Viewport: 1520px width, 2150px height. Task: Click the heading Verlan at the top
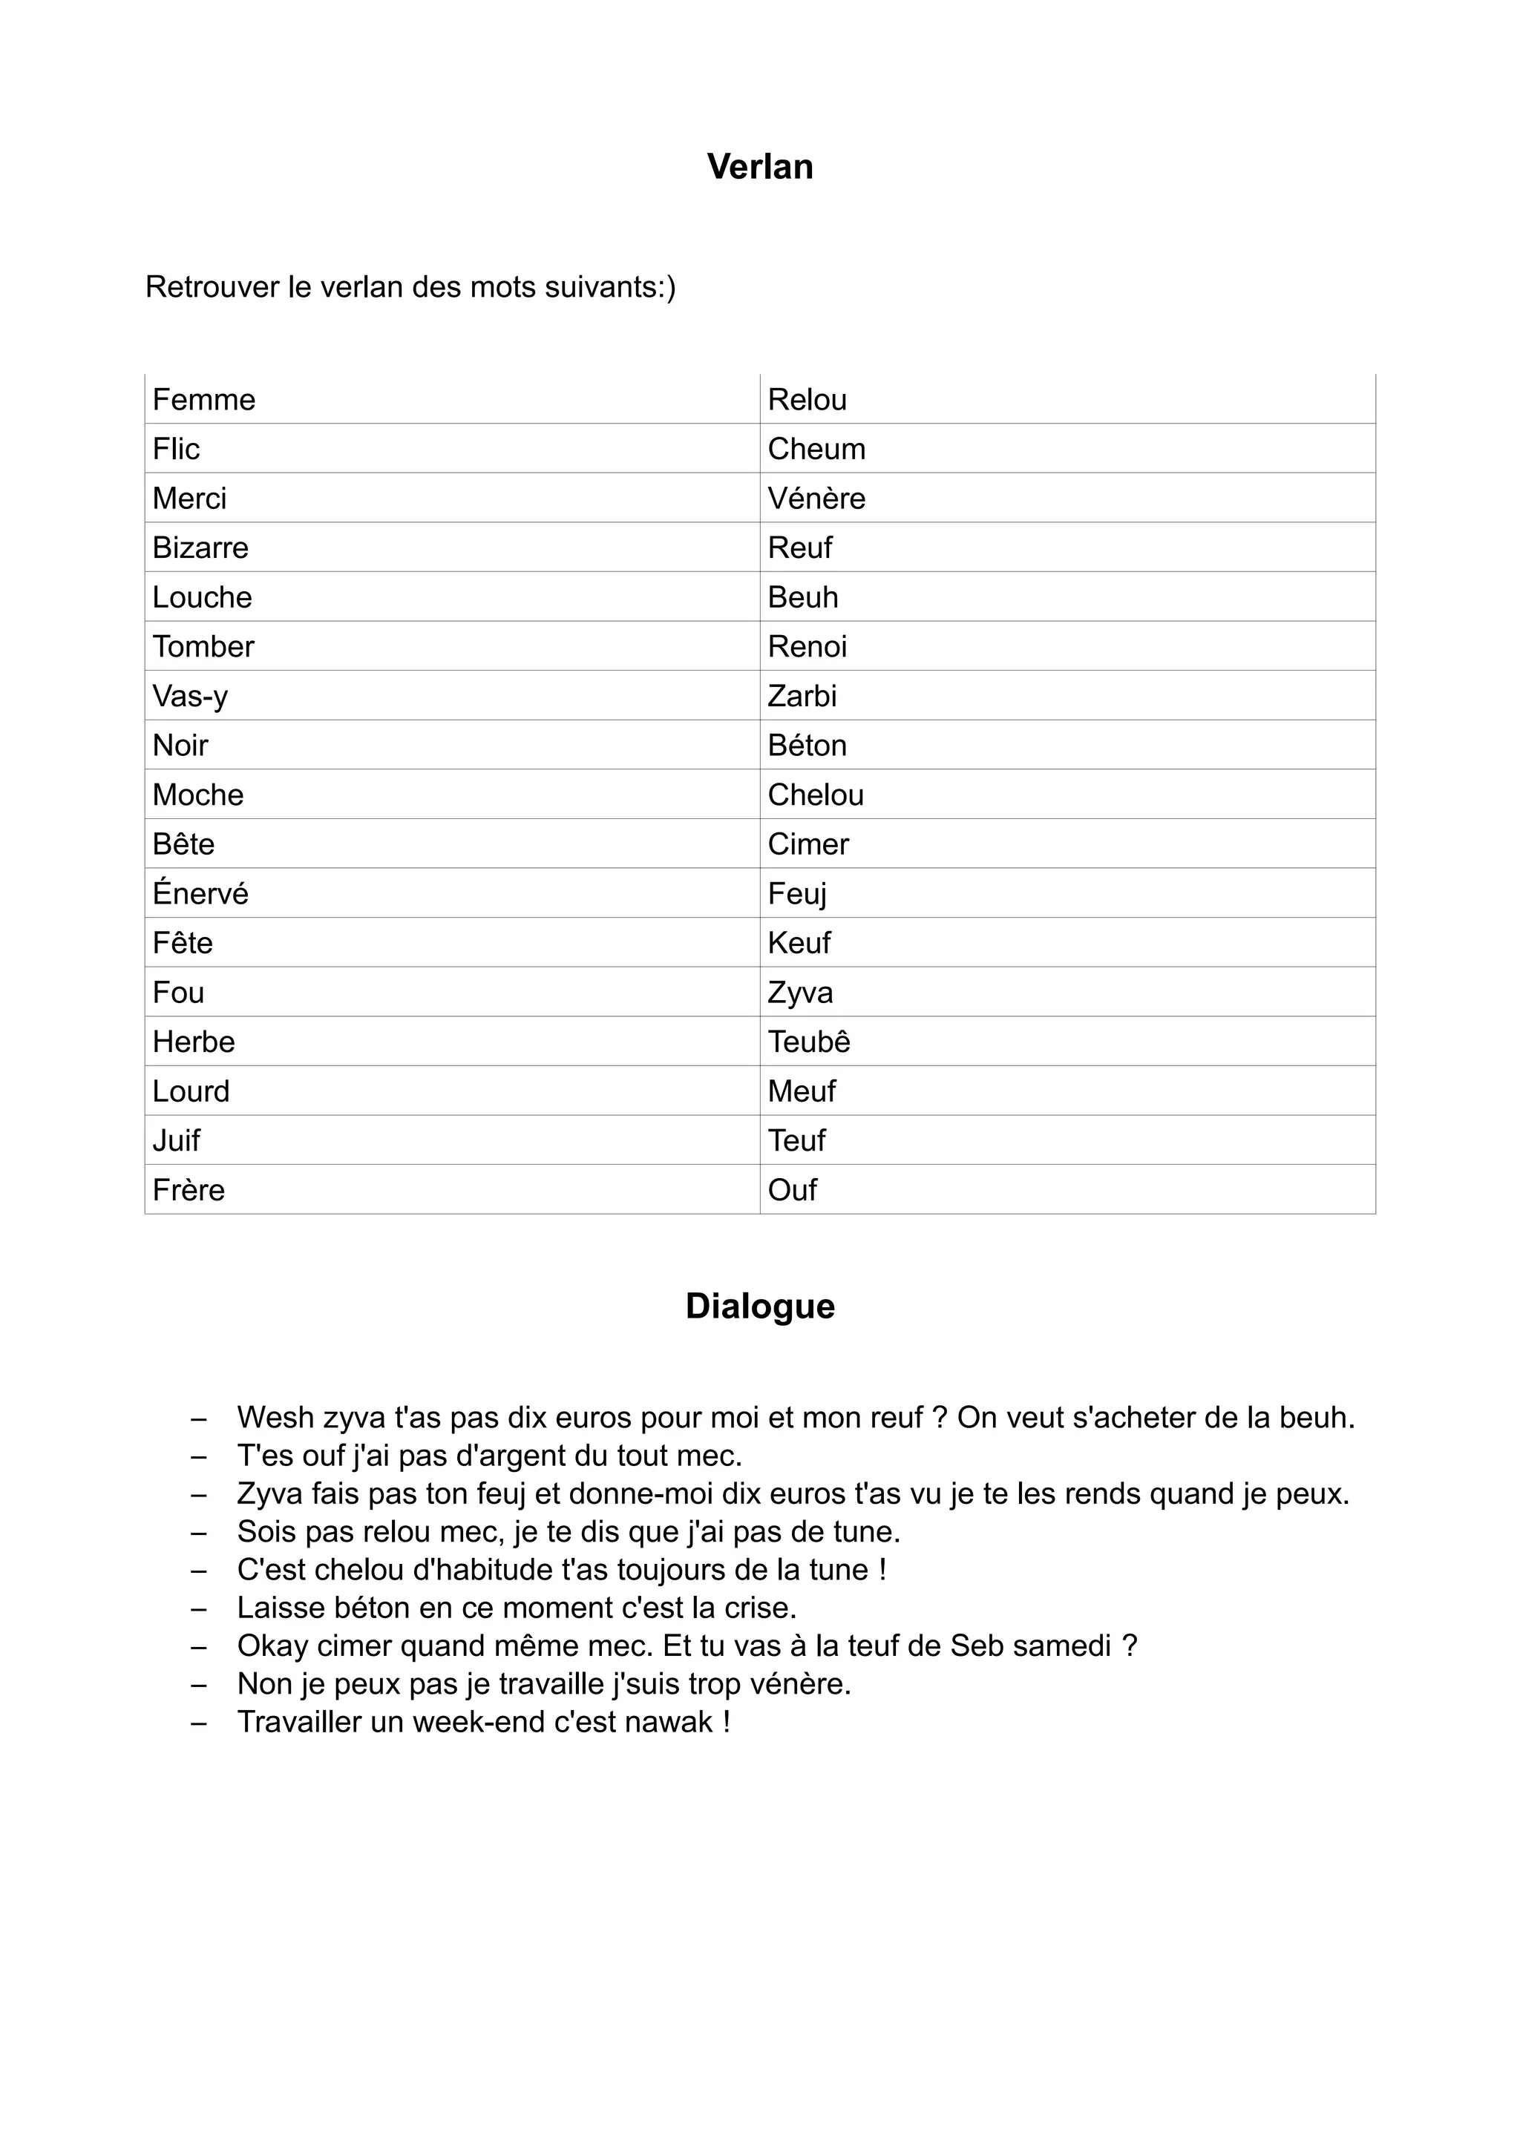(759, 167)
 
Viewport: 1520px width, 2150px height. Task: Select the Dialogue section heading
(759, 1306)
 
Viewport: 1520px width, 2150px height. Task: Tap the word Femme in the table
(203, 400)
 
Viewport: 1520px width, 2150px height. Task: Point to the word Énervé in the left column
(200, 893)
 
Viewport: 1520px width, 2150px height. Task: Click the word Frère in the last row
(189, 1190)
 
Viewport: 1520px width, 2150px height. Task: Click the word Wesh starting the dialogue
(275, 1418)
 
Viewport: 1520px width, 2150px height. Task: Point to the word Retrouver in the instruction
(212, 286)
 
